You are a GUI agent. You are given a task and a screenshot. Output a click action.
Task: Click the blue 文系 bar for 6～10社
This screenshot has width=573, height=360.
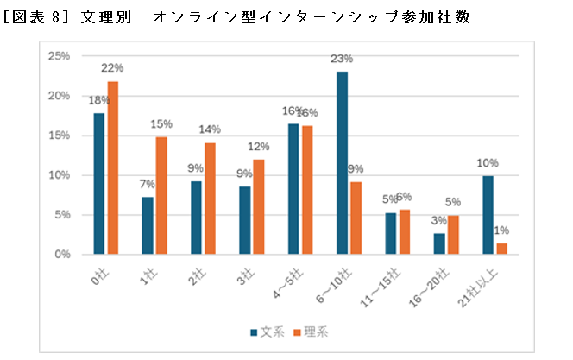342,163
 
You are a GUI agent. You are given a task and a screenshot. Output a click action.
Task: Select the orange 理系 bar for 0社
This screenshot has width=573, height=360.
112,168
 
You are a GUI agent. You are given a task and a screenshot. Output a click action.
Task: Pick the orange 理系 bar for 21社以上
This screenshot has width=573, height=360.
501,249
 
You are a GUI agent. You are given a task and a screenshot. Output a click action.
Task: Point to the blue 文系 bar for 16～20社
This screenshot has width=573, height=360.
439,244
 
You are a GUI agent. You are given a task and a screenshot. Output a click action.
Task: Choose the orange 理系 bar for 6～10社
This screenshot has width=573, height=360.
356,218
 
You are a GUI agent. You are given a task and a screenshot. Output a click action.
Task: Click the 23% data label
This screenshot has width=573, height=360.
343,59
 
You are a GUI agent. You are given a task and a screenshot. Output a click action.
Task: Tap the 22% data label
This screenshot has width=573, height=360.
113,67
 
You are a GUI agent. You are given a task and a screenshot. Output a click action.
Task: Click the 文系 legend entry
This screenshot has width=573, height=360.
267,331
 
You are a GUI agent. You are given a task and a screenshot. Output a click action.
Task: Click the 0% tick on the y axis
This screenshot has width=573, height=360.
62,255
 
